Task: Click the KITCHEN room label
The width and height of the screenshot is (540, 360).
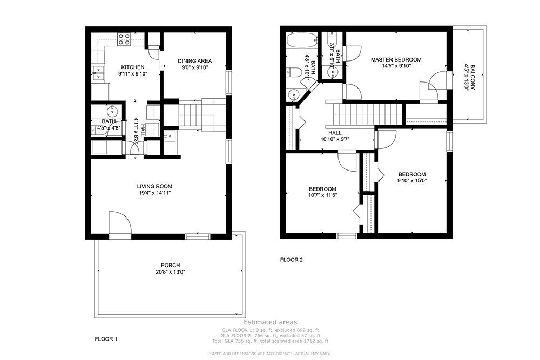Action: coord(132,67)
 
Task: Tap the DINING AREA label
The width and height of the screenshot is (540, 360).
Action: coord(194,60)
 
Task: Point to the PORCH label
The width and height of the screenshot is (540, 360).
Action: coord(170,265)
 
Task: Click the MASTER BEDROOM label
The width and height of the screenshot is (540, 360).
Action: coord(396,59)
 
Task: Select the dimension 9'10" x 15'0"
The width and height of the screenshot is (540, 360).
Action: coord(412,181)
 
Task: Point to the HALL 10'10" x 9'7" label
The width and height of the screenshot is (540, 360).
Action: coord(335,139)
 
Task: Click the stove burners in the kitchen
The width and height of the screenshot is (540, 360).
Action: coord(124,38)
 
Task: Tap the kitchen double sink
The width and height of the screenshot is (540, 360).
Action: coord(98,72)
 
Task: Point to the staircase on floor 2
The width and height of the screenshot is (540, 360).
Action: coord(367,113)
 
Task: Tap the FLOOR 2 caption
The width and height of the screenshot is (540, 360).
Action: coord(291,260)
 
